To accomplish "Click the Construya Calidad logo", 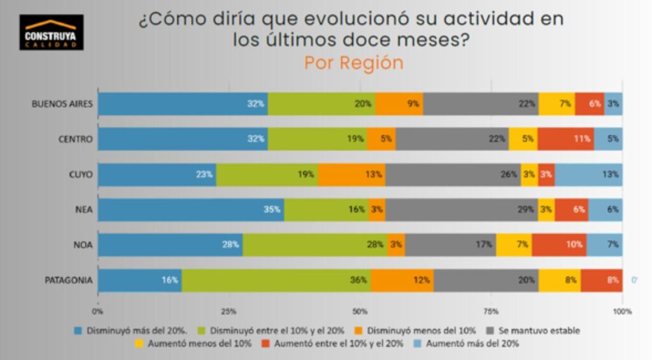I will click(x=51, y=32).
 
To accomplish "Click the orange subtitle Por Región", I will click(x=353, y=63).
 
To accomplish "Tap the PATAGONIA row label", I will click(x=68, y=280).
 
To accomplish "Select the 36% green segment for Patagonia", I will click(x=276, y=280).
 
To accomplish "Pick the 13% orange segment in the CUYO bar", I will click(x=351, y=174).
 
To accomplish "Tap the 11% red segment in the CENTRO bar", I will click(x=565, y=139).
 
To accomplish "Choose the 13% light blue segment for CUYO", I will click(x=588, y=174).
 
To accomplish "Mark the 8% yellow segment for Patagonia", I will click(x=560, y=280).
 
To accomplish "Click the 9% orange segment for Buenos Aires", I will click(x=399, y=104).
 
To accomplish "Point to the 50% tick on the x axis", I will click(x=360, y=312).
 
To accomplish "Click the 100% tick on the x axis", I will click(x=622, y=312).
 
